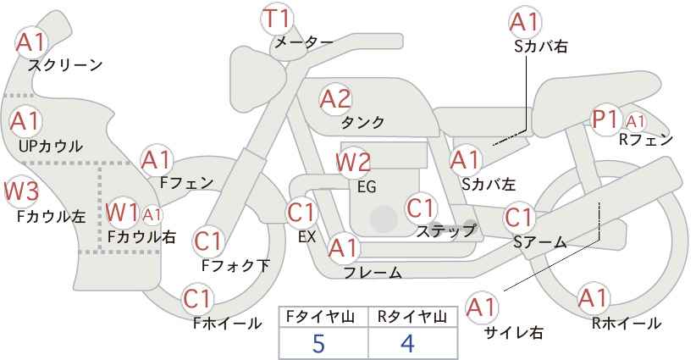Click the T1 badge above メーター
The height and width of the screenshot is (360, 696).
pos(277,19)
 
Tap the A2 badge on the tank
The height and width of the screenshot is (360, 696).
pos(335,99)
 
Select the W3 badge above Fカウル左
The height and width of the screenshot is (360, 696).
pos(21,191)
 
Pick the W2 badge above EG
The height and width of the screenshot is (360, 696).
pos(353,163)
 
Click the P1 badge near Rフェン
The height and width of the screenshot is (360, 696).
pos(606,119)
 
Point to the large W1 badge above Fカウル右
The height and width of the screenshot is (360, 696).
pos(122,213)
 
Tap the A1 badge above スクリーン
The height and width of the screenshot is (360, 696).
pos(30,42)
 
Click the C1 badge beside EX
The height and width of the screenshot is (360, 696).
pos(301,213)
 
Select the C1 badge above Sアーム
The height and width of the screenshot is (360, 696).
pos(518,218)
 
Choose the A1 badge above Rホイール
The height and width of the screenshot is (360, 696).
pos(593,298)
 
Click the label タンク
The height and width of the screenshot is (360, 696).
pos(362,122)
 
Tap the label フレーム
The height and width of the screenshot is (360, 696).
pos(373,272)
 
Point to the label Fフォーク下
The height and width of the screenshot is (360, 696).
pos(235,265)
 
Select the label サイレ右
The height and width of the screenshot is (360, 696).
pos(514,332)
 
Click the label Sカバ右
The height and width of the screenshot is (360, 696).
pos(541,47)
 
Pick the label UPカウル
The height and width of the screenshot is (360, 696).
pos(51,146)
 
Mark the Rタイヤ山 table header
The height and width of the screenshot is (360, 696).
pos(412,317)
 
